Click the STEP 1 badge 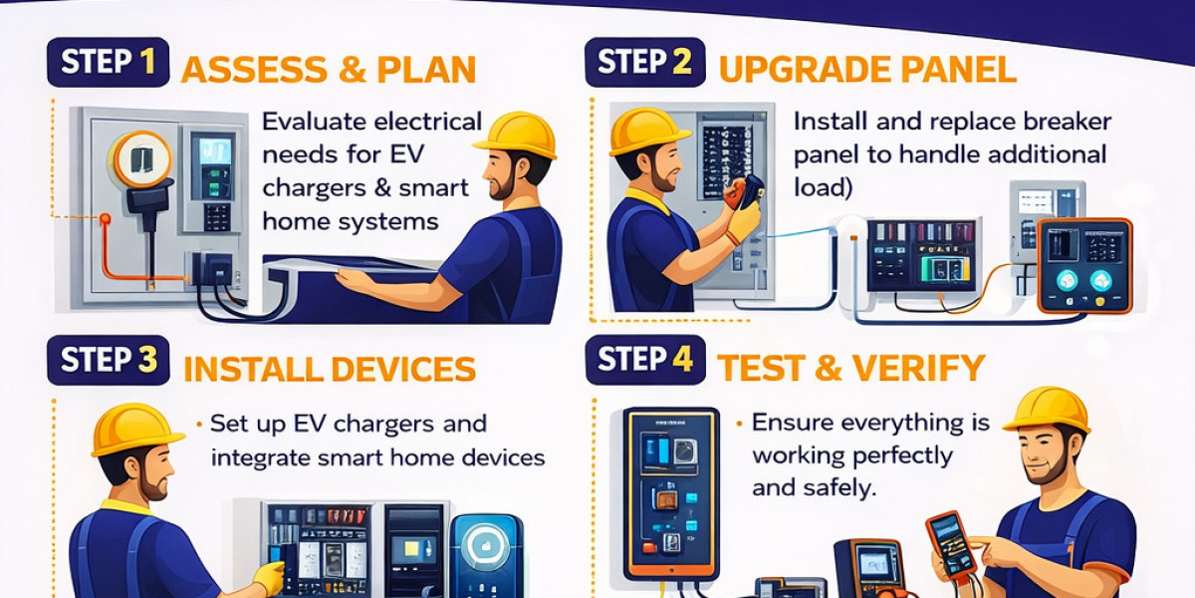point(109,62)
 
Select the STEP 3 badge point(109,360)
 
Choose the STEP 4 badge point(645,360)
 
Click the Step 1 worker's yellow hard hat point(516,134)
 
